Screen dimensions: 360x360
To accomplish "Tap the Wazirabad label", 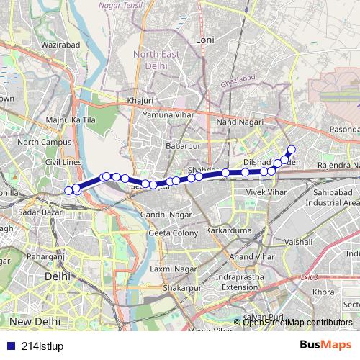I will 40,44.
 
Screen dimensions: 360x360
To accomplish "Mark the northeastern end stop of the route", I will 292,150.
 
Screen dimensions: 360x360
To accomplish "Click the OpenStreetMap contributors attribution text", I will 297,323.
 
